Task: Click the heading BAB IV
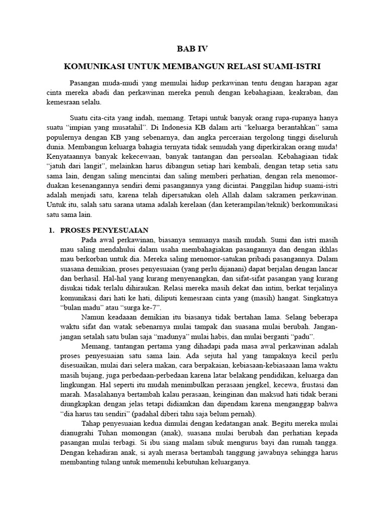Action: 192,49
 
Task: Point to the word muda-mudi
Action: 117,83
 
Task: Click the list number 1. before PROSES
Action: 50,230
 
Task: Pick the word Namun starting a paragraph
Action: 92,317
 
